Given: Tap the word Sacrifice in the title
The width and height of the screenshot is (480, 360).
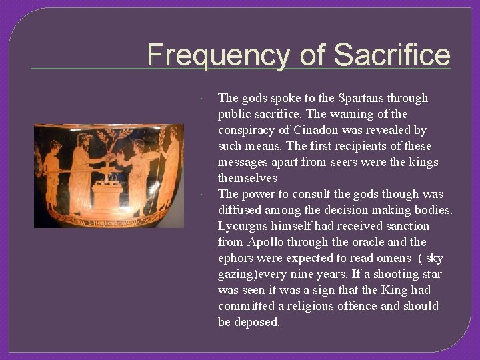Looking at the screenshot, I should [392, 55].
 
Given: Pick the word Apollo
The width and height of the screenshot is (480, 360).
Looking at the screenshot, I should [268, 242].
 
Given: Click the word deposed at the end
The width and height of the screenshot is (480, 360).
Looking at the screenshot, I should [257, 322].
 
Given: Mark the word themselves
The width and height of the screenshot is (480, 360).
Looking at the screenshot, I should [247, 178].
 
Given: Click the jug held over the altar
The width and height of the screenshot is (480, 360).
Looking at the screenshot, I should [120, 160].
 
